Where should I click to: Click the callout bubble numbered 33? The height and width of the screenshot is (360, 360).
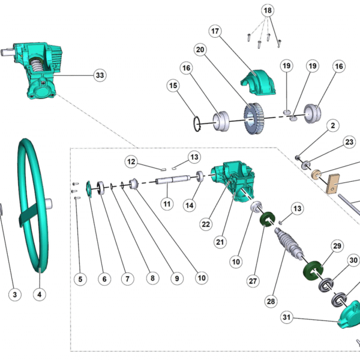[x=100, y=75]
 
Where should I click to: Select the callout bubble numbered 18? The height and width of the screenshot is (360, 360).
[x=268, y=10]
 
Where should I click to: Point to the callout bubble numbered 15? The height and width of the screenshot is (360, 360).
[x=173, y=86]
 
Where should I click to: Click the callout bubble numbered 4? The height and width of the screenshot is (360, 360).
[x=40, y=295]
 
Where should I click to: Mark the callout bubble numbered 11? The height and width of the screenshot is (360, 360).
[x=167, y=203]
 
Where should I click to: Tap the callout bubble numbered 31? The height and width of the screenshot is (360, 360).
[x=287, y=317]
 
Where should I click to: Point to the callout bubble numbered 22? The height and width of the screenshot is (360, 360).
[x=206, y=224]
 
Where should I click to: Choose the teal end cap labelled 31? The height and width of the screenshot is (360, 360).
[x=349, y=317]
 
